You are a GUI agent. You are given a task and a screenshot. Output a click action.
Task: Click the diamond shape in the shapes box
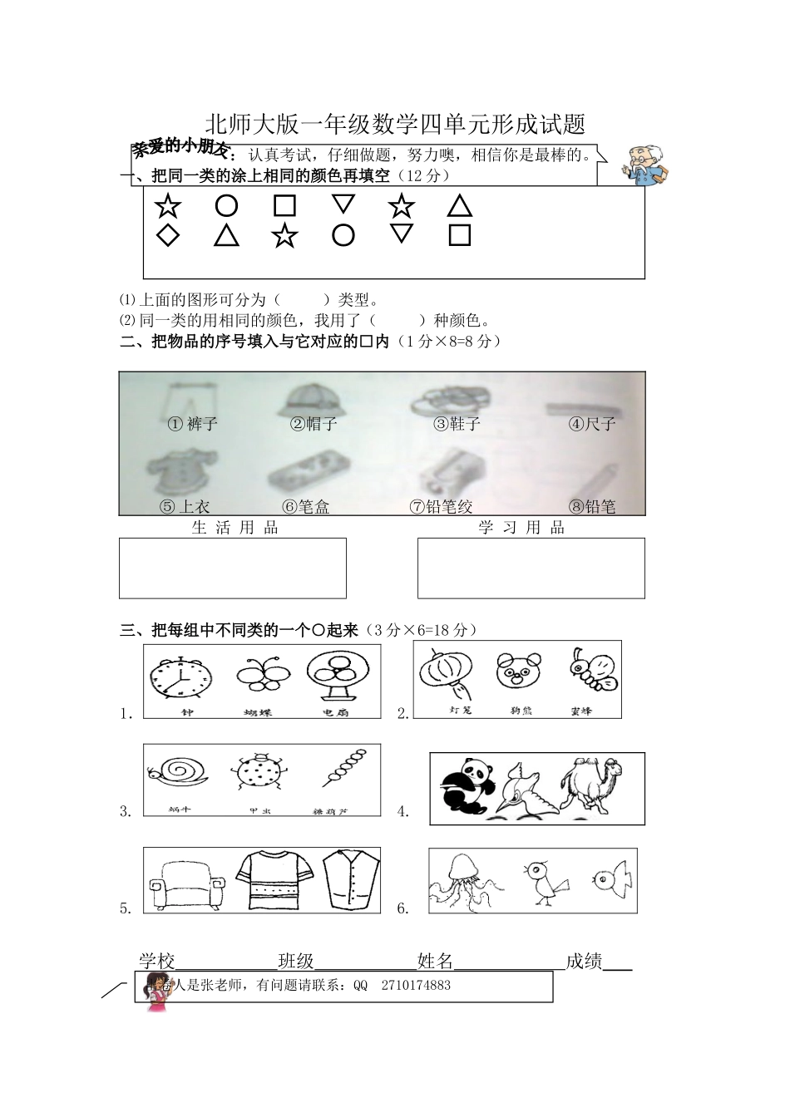pos(168,235)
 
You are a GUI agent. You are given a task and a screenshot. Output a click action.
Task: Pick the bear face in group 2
pos(518,671)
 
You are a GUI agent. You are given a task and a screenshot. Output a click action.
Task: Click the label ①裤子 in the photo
pos(193,424)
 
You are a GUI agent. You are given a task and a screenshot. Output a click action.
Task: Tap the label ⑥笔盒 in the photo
pos(306,506)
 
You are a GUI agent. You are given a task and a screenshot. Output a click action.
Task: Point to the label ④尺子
pos(592,424)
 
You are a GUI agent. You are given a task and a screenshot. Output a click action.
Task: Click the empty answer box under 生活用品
pos(233,568)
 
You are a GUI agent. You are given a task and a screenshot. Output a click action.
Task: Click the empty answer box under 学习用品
pos(531,568)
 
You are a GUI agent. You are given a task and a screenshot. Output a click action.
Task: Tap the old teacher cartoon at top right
pos(646,165)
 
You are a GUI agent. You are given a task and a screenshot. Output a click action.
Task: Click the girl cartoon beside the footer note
pos(155,990)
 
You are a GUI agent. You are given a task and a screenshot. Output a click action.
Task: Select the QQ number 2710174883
pos(416,986)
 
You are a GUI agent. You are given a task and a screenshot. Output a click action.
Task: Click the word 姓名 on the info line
pos(435,962)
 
